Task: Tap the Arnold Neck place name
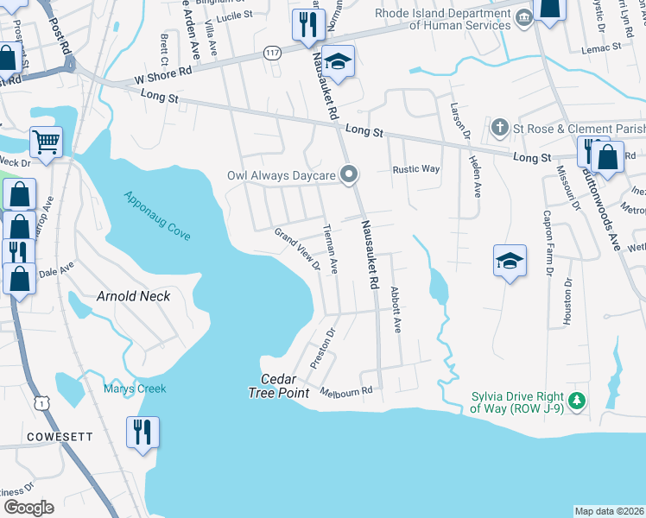pos(133,296)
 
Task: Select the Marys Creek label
pos(135,388)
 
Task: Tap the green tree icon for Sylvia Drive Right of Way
pos(578,401)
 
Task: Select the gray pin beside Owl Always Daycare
pos(349,175)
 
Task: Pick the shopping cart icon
pos(46,140)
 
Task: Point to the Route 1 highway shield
pos(39,402)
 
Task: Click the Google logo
pos(28,508)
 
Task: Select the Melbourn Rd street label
pos(345,391)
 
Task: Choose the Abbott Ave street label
pos(396,310)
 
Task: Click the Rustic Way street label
pos(416,169)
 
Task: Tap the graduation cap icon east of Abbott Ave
pos(510,260)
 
